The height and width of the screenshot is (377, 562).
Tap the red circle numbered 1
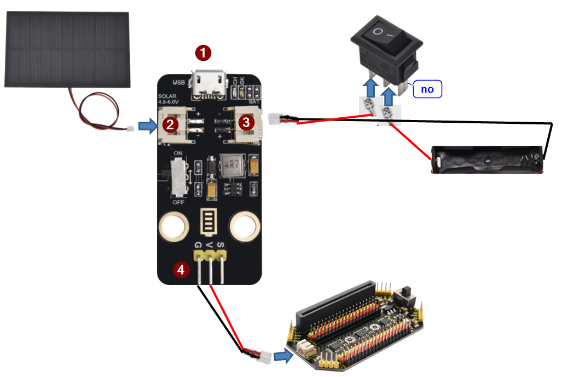pyautogui.click(x=204, y=53)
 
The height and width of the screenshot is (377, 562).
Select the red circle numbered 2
pyautogui.click(x=170, y=124)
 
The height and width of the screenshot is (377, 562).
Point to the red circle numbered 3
pyautogui.click(x=246, y=122)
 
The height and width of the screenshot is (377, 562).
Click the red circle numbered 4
pyautogui.click(x=181, y=269)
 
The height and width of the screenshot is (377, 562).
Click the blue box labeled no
pyautogui.click(x=427, y=89)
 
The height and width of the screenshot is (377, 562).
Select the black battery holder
pyautogui.click(x=488, y=159)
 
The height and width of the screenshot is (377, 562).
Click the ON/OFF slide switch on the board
pyautogui.click(x=178, y=177)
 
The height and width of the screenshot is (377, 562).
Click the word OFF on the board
pyautogui.click(x=178, y=202)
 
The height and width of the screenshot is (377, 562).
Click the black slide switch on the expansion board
pyautogui.click(x=407, y=293)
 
